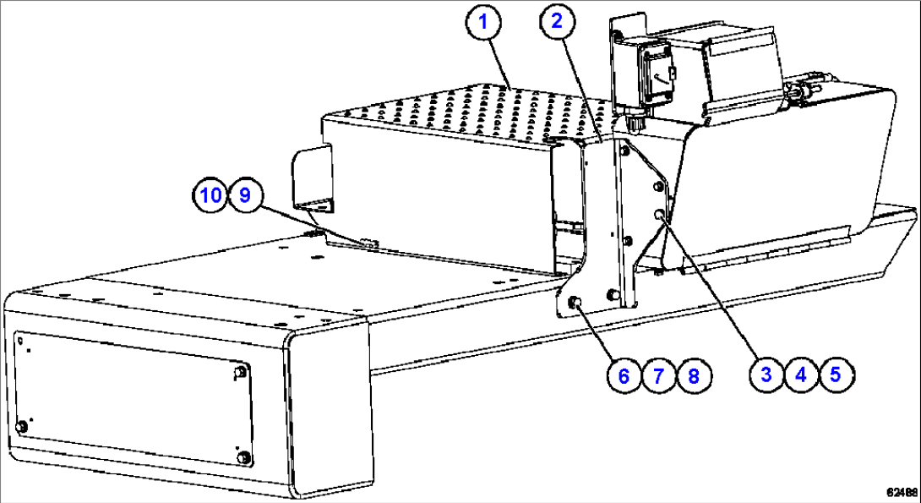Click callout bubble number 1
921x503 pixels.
coord(485,23)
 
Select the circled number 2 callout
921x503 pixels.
coord(556,23)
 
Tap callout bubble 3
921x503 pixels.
coord(766,375)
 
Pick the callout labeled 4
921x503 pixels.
coord(800,375)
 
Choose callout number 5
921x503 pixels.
coord(835,375)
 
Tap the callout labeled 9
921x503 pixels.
coord(244,195)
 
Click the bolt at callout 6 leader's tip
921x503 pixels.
coord(575,303)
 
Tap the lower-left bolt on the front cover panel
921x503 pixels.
coord(23,426)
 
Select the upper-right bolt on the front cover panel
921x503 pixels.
coord(243,371)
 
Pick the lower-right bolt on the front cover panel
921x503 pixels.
coord(245,457)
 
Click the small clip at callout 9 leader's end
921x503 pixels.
coord(369,243)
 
